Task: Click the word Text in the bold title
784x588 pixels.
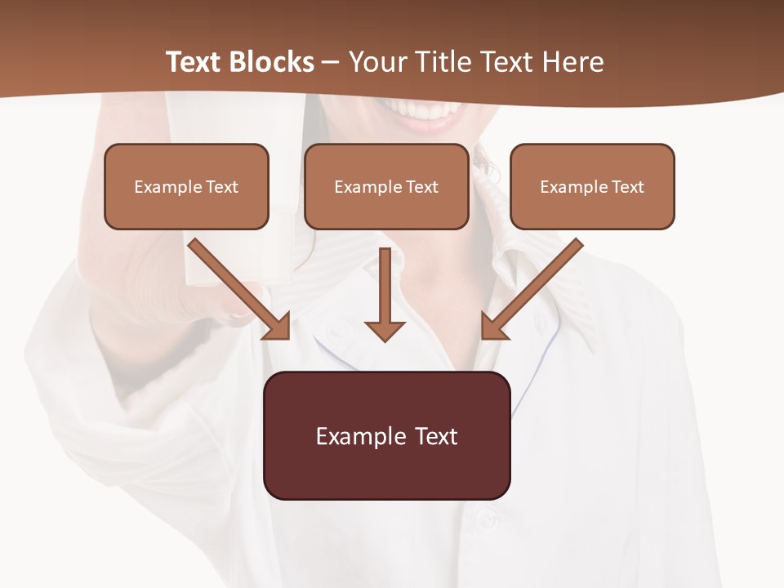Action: (194, 62)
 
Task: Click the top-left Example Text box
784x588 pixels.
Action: (186, 187)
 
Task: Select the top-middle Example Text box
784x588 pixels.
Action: (386, 187)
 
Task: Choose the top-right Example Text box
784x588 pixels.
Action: (592, 187)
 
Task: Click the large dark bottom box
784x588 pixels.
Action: (386, 436)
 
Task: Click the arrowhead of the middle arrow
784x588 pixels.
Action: (385, 330)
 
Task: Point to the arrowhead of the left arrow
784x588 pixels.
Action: (278, 327)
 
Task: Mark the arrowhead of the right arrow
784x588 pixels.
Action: (492, 327)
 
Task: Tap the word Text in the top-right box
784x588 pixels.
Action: (627, 187)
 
